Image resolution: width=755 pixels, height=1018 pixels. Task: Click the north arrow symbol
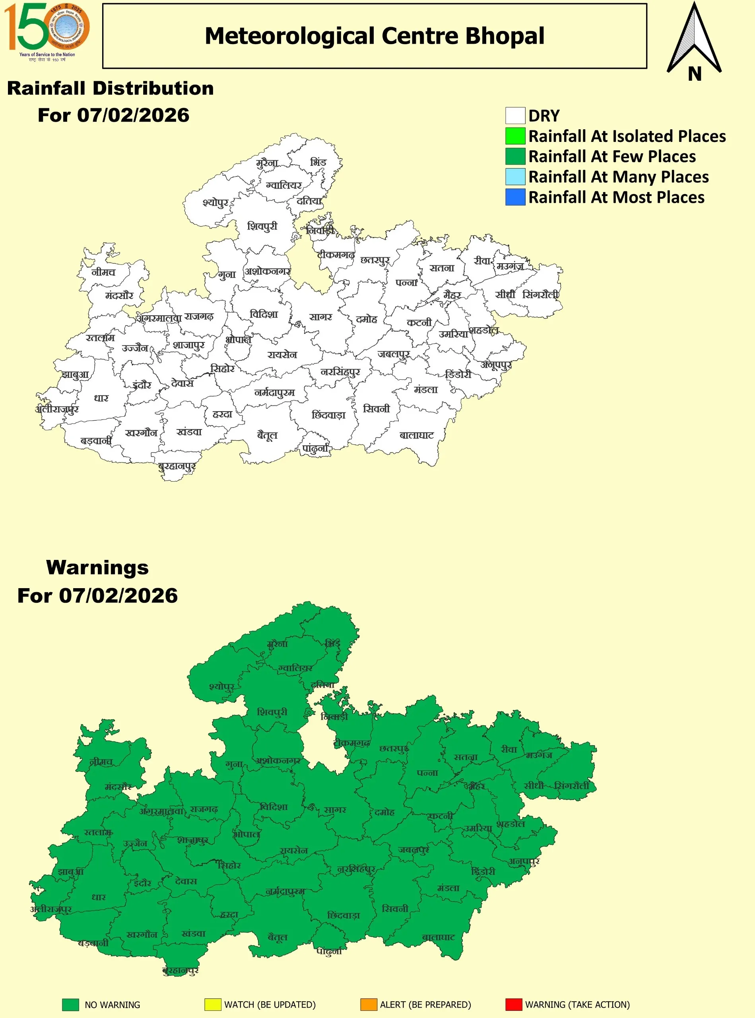pyautogui.click(x=694, y=41)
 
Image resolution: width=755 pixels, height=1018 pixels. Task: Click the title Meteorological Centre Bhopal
pyautogui.click(x=374, y=36)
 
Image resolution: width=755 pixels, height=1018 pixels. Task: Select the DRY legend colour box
pyautogui.click(x=515, y=116)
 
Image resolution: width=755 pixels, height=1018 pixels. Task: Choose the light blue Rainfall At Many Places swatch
pyautogui.click(x=515, y=177)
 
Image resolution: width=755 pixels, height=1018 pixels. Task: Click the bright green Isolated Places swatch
pyautogui.click(x=515, y=136)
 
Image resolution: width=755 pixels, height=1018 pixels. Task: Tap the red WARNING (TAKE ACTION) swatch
pyautogui.click(x=513, y=1004)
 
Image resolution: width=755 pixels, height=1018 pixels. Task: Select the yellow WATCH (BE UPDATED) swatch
pyautogui.click(x=213, y=1004)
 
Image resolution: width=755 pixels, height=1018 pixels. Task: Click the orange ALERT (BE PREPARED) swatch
pyautogui.click(x=369, y=1004)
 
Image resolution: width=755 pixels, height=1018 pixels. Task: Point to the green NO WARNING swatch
pyautogui.click(x=70, y=1004)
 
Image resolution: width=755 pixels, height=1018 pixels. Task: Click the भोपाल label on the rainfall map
pyautogui.click(x=238, y=340)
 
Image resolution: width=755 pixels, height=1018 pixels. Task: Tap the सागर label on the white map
pyautogui.click(x=320, y=317)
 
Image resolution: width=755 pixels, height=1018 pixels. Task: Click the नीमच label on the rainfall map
pyautogui.click(x=103, y=272)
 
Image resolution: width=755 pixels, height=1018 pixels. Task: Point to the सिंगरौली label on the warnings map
pyautogui.click(x=572, y=786)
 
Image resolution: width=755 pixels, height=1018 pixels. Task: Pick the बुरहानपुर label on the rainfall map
pyautogui.click(x=177, y=466)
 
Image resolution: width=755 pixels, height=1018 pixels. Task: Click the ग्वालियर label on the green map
pyautogui.click(x=296, y=668)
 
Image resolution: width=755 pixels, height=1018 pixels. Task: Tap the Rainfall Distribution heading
pyautogui.click(x=110, y=88)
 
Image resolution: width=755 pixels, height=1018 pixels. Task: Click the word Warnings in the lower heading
pyautogui.click(x=97, y=567)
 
